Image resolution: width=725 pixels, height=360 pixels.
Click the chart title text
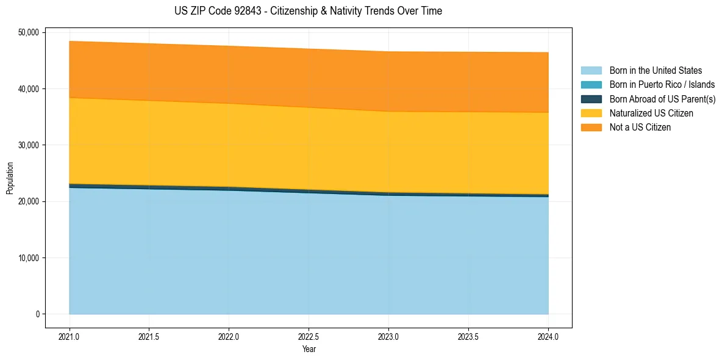point(308,11)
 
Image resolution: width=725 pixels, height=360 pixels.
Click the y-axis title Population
point(10,178)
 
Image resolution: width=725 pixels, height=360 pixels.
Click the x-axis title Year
point(309,349)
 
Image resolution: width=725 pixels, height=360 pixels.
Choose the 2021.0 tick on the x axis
point(70,336)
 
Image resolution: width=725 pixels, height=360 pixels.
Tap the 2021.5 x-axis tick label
point(149,336)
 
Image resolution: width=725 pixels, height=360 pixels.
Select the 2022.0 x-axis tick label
point(229,336)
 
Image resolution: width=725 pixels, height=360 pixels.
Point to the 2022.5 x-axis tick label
point(309,336)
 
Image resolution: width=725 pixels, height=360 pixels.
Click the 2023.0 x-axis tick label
point(388,336)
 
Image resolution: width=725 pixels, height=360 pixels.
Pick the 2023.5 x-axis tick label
point(468,336)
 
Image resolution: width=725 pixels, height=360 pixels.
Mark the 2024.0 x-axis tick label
point(548,336)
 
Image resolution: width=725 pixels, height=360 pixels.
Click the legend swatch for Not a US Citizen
point(591,128)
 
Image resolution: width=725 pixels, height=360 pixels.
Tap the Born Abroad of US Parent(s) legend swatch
point(591,99)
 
